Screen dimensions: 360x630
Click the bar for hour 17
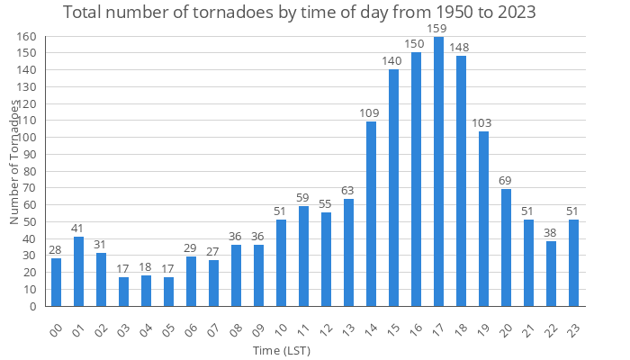click(x=438, y=172)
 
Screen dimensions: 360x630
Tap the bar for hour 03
click(x=123, y=292)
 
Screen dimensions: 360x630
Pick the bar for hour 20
click(x=506, y=247)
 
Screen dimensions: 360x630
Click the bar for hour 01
click(x=78, y=271)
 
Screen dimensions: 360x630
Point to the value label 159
click(x=438, y=30)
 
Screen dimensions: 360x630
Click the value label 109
click(x=371, y=113)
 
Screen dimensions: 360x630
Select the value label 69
click(x=506, y=181)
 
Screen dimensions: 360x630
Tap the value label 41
click(x=78, y=229)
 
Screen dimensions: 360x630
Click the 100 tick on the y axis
click(x=26, y=138)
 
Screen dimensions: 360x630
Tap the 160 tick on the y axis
click(x=26, y=37)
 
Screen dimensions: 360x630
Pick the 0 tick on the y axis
click(x=32, y=306)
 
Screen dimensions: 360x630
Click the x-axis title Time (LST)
click(x=282, y=350)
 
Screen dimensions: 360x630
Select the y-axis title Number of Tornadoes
click(x=14, y=162)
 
